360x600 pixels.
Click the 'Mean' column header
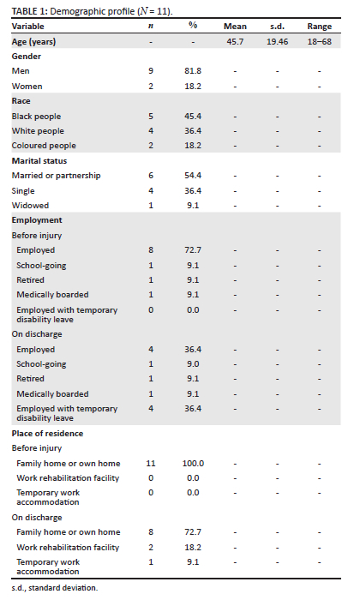pyautogui.click(x=235, y=27)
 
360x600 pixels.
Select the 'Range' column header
pyautogui.click(x=320, y=27)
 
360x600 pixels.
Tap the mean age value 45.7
pyautogui.click(x=235, y=42)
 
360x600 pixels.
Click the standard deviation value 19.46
pyautogui.click(x=278, y=42)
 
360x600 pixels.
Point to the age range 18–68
pyautogui.click(x=320, y=42)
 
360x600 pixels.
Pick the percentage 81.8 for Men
pyautogui.click(x=193, y=71)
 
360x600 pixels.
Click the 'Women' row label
pyautogui.click(x=27, y=87)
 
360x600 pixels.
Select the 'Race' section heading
pyautogui.click(x=21, y=101)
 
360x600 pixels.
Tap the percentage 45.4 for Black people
pyautogui.click(x=193, y=117)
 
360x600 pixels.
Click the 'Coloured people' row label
pyautogui.click(x=44, y=146)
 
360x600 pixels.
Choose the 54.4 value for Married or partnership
pyautogui.click(x=193, y=176)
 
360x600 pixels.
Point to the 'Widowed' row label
pyautogui.click(x=30, y=206)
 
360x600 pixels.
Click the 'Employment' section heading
pyautogui.click(x=37, y=220)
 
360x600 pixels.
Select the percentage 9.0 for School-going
pyautogui.click(x=193, y=364)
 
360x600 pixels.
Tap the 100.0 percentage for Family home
pyautogui.click(x=193, y=464)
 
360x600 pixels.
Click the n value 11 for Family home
pyautogui.click(x=151, y=464)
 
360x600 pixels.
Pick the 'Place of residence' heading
pyautogui.click(x=47, y=434)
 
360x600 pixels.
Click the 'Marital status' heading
pyautogui.click(x=39, y=161)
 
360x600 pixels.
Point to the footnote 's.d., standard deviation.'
pyautogui.click(x=55, y=588)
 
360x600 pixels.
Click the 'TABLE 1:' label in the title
pyautogui.click(x=29, y=11)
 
